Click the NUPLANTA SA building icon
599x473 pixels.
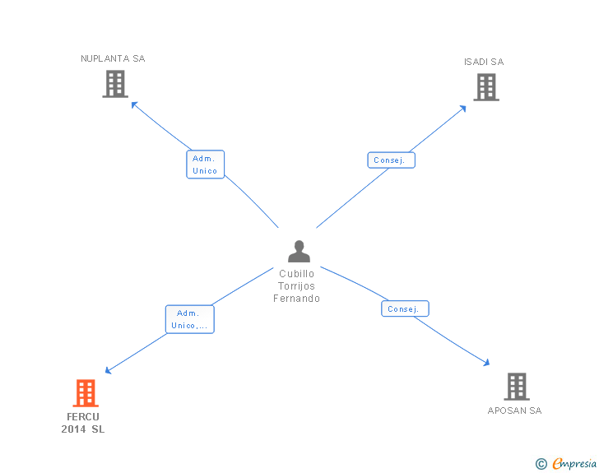pyautogui.click(x=115, y=84)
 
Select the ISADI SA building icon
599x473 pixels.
pyautogui.click(x=486, y=87)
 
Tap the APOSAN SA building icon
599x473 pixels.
pyautogui.click(x=516, y=386)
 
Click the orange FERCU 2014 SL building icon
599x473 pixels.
pyautogui.click(x=86, y=393)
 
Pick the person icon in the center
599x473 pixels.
pyautogui.click(x=299, y=251)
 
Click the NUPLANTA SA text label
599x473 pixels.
pyautogui.click(x=113, y=58)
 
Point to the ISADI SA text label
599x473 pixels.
pyautogui.click(x=484, y=62)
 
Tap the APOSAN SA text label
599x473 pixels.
pyautogui.click(x=514, y=410)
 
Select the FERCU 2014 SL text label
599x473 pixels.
pyautogui.click(x=83, y=423)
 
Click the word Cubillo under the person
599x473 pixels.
pyautogui.click(x=297, y=274)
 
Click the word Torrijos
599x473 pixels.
pyautogui.click(x=297, y=286)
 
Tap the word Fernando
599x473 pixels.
pyautogui.click(x=297, y=299)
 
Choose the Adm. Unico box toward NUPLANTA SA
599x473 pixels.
pyautogui.click(x=205, y=165)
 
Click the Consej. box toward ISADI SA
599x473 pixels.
pyautogui.click(x=391, y=160)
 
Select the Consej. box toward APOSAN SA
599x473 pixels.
pyautogui.click(x=405, y=309)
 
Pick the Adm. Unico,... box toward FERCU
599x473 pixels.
pyautogui.click(x=190, y=319)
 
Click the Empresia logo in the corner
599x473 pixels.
pyautogui.click(x=567, y=464)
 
